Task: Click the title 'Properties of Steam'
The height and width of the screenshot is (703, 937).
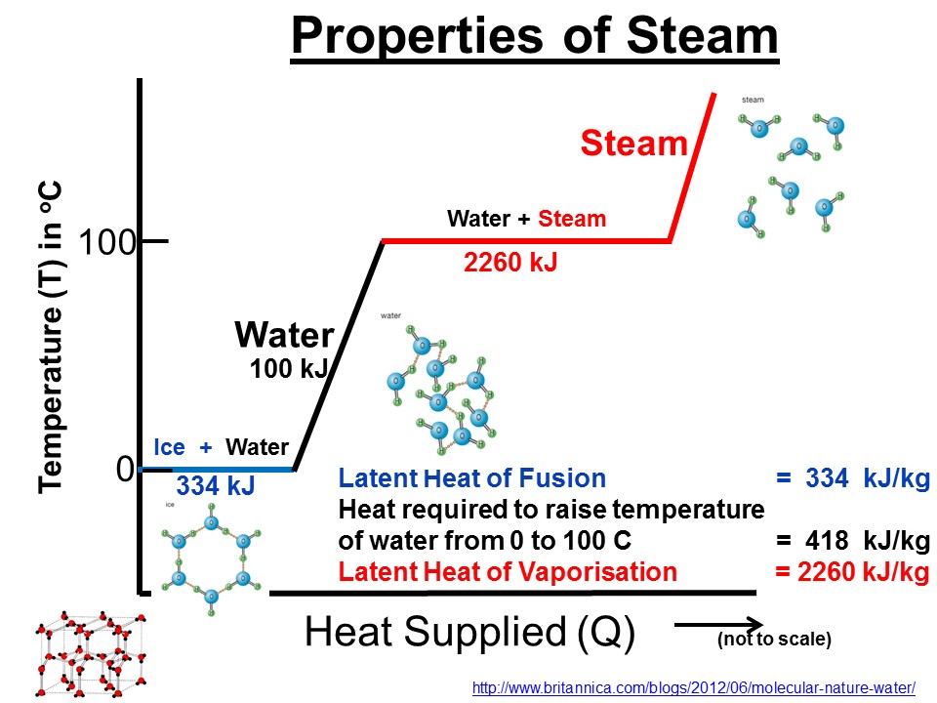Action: (x=535, y=37)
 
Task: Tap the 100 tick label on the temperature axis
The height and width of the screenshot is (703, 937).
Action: (x=106, y=241)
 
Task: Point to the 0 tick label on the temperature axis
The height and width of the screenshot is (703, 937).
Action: (x=124, y=470)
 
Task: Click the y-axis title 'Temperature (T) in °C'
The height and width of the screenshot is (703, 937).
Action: (x=50, y=337)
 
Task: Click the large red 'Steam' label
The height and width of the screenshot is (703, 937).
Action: (x=634, y=145)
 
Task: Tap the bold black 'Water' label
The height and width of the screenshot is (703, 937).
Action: (x=284, y=336)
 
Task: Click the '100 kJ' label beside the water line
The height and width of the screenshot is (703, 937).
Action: (x=289, y=368)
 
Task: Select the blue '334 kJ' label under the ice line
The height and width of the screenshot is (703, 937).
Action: (x=216, y=485)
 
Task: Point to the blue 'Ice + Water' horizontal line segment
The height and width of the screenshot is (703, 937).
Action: (x=220, y=470)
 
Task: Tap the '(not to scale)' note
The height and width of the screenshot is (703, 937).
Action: (x=774, y=641)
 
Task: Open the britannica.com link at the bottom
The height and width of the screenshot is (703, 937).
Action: (x=693, y=687)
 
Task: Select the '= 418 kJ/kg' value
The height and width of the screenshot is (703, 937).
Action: (x=851, y=541)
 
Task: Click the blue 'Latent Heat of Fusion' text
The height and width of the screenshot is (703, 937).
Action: (x=472, y=479)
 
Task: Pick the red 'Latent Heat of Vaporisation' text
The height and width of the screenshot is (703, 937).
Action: (x=507, y=572)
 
